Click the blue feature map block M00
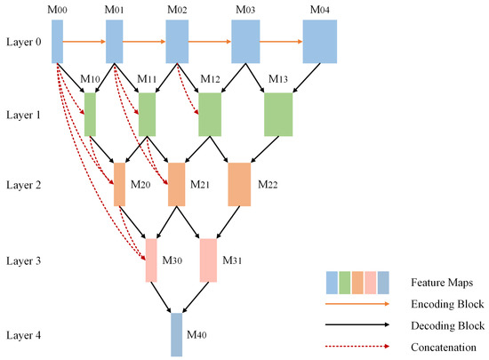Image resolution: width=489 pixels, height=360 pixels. [x=57, y=41]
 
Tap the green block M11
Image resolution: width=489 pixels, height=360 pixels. [x=147, y=114]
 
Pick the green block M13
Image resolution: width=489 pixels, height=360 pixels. [x=278, y=114]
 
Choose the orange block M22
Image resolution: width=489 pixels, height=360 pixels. [x=240, y=184]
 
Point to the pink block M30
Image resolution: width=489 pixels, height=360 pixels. [x=151, y=260]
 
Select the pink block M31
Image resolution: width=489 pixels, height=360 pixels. [x=208, y=260]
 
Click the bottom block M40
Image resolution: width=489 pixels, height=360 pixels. [x=176, y=334]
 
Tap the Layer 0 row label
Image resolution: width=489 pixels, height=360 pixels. [x=23, y=42]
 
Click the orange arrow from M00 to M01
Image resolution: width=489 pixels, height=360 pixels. [x=84, y=41]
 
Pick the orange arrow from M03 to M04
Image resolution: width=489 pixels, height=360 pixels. [x=280, y=41]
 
